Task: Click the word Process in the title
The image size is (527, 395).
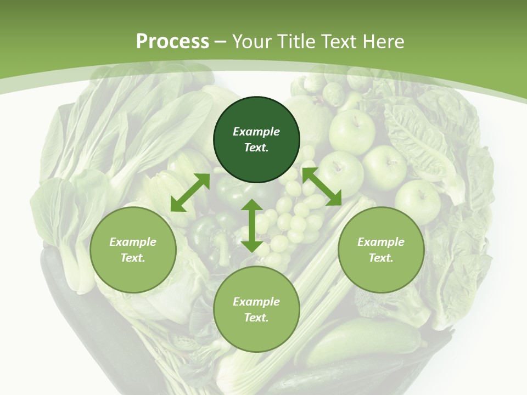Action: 172,42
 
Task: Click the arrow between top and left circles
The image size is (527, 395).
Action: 190,193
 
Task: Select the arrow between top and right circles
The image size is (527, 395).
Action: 322,187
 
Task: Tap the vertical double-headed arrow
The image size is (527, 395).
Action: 252,225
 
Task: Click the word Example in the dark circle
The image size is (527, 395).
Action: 256,132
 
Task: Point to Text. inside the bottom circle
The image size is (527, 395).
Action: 256,318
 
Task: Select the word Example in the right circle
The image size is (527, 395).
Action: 381,242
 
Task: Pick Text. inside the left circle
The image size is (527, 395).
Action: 133,258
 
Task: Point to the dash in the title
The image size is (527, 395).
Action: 221,42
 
